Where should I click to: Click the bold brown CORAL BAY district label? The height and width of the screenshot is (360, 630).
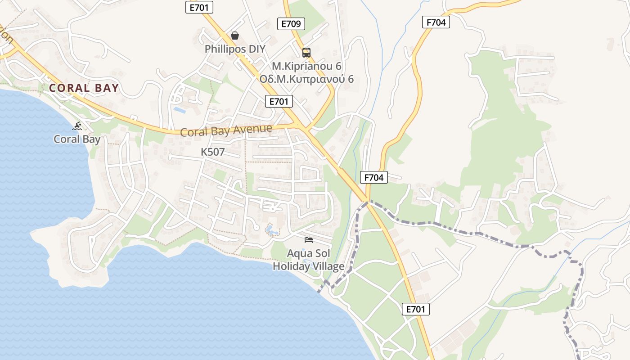pyautogui.click(x=84, y=88)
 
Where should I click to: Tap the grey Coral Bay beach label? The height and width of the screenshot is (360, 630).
pyautogui.click(x=77, y=139)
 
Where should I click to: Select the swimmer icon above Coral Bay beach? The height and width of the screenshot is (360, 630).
pyautogui.click(x=77, y=126)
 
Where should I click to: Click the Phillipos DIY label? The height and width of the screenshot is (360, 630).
pyautogui.click(x=235, y=49)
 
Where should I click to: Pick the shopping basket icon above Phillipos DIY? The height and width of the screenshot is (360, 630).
pyautogui.click(x=235, y=36)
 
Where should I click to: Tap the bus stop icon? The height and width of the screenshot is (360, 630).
pyautogui.click(x=306, y=53)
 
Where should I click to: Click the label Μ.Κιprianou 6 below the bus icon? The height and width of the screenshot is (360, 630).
pyautogui.click(x=306, y=66)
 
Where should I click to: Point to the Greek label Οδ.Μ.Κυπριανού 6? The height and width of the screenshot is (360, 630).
pyautogui.click(x=306, y=79)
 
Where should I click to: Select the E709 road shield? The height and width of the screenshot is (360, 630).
pyautogui.click(x=291, y=24)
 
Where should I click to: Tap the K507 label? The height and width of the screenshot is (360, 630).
pyautogui.click(x=212, y=152)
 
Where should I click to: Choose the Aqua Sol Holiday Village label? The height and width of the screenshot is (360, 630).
pyautogui.click(x=309, y=260)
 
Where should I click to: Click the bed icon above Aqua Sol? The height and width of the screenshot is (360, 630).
pyautogui.click(x=309, y=239)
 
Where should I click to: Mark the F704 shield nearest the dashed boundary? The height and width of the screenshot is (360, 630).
pyautogui.click(x=374, y=178)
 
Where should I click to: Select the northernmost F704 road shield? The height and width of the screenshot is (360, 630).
pyautogui.click(x=436, y=22)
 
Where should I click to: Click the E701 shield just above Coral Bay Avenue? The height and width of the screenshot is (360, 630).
pyautogui.click(x=279, y=101)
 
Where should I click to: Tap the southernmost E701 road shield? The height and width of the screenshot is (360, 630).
pyautogui.click(x=415, y=309)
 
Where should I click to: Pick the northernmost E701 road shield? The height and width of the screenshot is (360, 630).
pyautogui.click(x=199, y=7)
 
